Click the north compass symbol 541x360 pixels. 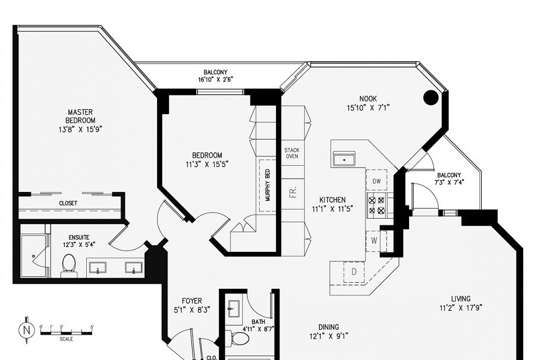(26, 329)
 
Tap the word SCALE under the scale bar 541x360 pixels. (67, 339)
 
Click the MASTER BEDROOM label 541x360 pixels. (80, 116)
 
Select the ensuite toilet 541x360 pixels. (69, 265)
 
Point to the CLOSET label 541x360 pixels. (68, 203)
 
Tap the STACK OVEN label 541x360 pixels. (292, 154)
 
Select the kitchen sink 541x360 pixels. (344, 159)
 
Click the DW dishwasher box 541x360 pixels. (377, 181)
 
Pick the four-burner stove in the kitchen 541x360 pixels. (377, 205)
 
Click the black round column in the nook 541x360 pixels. (430, 97)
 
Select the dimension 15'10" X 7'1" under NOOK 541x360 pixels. (368, 108)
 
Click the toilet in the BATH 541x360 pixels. (240, 339)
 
